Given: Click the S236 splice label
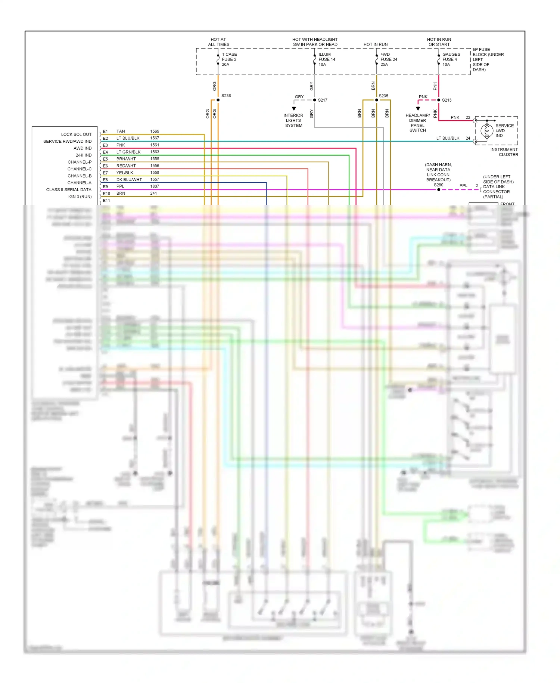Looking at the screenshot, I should (x=226, y=96).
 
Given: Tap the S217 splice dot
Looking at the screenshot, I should (x=315, y=100).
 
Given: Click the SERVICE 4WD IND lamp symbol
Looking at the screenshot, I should (x=487, y=131).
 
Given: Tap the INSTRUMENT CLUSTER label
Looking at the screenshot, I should (x=504, y=152).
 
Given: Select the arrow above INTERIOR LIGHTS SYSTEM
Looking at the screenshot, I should (x=294, y=109).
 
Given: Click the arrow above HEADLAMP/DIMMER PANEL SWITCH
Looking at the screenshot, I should (x=418, y=109).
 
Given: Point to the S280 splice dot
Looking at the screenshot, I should (x=439, y=190).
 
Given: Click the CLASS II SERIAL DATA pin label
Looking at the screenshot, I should (x=69, y=190).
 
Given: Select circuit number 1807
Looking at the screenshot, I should (x=155, y=186).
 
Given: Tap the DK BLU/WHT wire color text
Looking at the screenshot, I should (x=129, y=180).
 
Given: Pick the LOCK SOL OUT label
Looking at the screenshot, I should (x=76, y=135).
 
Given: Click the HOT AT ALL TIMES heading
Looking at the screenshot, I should (x=218, y=42).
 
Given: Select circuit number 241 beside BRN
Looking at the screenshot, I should (x=153, y=194).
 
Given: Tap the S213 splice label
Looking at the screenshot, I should (x=447, y=100).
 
